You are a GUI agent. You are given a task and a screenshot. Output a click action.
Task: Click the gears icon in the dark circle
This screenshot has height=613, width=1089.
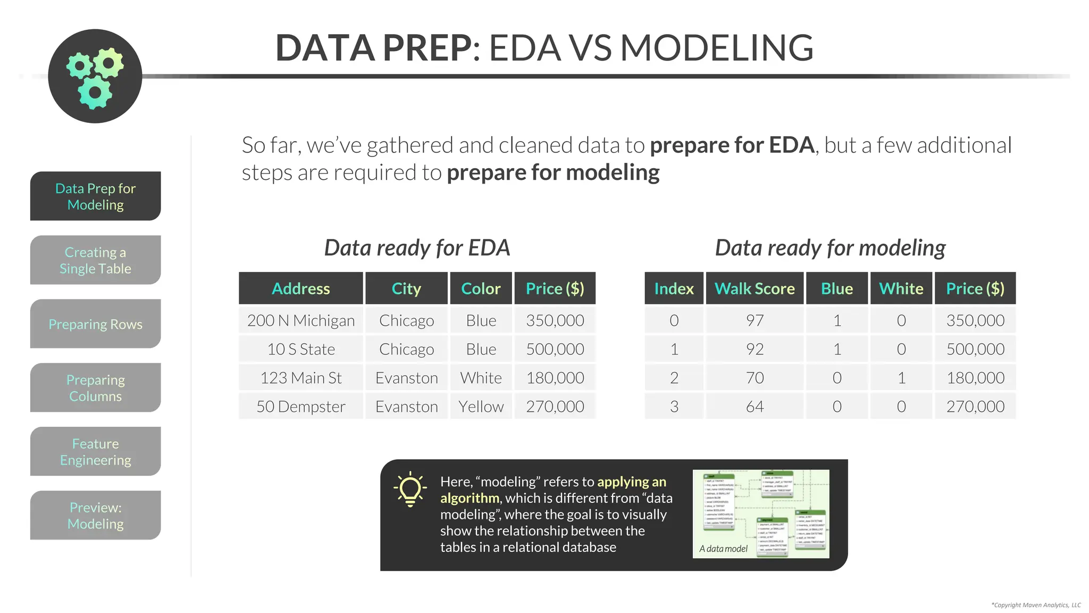point(95,77)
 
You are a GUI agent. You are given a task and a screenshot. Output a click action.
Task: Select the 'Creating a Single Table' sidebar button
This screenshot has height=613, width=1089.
point(95,260)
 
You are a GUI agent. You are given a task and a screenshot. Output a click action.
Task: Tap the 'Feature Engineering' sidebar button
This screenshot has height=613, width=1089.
point(95,452)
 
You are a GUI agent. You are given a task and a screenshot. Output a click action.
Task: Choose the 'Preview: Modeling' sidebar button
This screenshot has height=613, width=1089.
point(95,516)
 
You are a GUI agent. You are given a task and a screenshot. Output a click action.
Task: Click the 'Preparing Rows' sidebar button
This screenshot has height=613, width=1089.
point(95,324)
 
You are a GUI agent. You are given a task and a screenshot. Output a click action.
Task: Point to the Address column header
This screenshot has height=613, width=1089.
point(301,288)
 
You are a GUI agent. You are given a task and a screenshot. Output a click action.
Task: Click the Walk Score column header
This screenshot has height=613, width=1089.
point(755,288)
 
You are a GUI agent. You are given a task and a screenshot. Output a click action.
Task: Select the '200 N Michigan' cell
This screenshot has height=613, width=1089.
point(301,320)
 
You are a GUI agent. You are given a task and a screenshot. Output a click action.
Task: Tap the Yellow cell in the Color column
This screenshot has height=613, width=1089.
point(481,407)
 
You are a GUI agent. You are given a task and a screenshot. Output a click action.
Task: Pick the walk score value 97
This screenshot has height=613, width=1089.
point(755,320)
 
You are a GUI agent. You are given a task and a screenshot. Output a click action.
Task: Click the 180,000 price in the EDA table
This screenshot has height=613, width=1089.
point(555,378)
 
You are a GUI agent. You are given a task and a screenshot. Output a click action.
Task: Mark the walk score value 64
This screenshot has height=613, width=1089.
point(755,407)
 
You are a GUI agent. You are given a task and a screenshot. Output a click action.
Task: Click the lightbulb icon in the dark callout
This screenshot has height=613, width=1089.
point(410,488)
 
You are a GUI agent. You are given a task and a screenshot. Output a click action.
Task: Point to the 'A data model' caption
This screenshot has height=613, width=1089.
point(723,549)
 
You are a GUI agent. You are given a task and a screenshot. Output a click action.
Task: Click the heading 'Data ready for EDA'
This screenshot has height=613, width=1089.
point(417,248)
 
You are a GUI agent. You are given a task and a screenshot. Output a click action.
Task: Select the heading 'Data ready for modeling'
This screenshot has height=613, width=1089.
point(830,248)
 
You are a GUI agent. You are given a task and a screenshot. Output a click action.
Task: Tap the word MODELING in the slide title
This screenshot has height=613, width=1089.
point(717,48)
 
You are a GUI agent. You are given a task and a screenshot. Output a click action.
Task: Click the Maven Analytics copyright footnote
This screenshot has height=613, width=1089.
point(1036,605)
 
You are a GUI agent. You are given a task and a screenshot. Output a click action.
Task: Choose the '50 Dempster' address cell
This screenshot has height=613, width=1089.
point(301,407)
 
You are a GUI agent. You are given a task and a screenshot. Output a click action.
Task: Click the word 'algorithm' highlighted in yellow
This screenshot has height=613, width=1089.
point(469,498)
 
